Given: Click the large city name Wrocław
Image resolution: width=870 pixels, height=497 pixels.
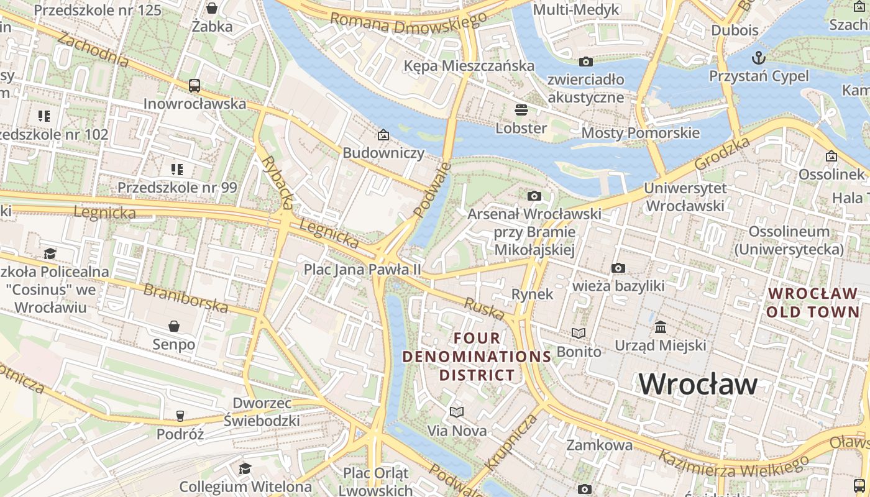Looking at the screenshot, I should pos(698,383).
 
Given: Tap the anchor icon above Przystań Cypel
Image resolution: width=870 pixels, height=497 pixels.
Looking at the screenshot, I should pos(759,58).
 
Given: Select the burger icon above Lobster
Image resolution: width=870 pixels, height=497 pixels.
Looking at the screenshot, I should pos(521,110).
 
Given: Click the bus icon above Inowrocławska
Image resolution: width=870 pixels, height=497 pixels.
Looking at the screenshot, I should pos(195,86).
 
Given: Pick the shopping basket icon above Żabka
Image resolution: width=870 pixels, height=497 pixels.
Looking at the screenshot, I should pos(212,8).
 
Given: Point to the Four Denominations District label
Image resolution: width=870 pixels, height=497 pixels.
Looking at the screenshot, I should pos(477,357).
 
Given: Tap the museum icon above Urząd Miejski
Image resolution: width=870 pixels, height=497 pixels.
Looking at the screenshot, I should pos(661,327).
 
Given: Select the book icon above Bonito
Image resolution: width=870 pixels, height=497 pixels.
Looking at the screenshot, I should pos(579,334).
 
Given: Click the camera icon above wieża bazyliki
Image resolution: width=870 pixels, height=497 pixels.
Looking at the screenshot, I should pos(618,268).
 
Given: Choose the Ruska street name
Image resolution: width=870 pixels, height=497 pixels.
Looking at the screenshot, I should pos(484,308).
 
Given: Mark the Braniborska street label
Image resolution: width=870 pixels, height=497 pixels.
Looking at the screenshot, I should pos(186,298).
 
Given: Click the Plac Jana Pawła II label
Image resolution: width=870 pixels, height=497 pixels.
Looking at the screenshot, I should pos(362,270).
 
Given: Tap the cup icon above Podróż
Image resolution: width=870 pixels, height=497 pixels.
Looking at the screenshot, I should pos(180,416).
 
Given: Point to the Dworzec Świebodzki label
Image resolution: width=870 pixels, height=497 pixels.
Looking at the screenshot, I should pos(262,411).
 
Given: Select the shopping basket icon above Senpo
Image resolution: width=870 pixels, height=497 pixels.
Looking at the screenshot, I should pos(174,326).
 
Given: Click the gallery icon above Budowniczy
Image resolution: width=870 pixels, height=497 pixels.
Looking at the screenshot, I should pos(383,135).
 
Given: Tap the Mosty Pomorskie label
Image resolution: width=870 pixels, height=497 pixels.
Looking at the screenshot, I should pos(640,133).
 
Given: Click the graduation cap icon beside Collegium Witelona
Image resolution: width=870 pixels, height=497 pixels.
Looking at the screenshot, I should pos(245,468).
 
